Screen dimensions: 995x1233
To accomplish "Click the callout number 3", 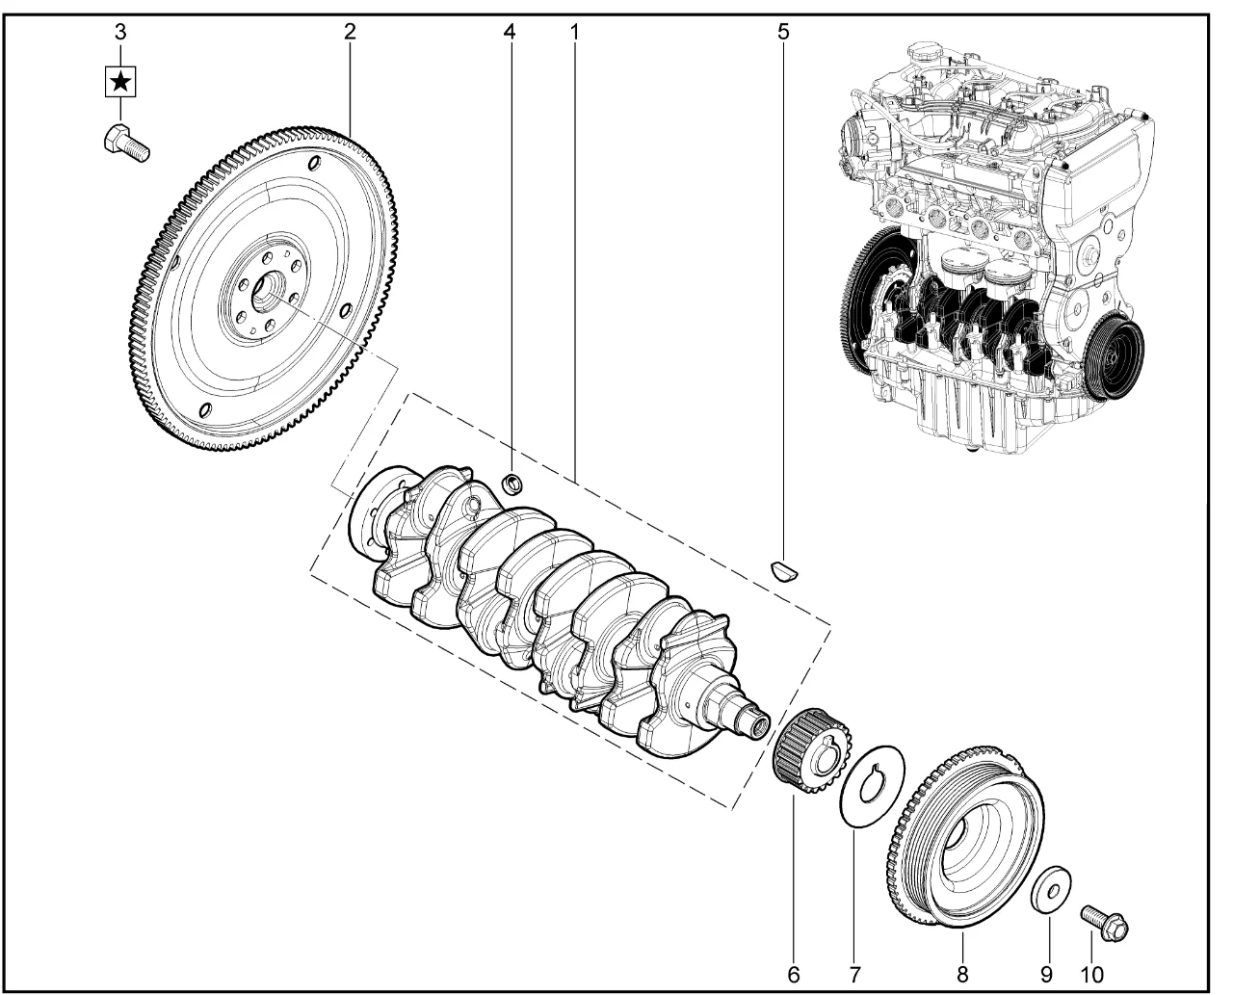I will [x=119, y=32].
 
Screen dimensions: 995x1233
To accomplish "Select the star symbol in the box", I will [x=119, y=82].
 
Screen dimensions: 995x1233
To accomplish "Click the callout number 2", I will [x=350, y=32].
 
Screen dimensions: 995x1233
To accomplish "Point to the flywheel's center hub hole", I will [x=269, y=292].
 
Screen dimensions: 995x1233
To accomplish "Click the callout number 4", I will [x=509, y=32].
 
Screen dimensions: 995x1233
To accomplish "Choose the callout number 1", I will [x=574, y=32].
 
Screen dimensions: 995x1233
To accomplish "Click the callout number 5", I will [x=782, y=32].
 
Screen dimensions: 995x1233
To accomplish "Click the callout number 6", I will [x=793, y=975].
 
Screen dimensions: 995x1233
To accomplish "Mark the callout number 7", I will [x=854, y=975].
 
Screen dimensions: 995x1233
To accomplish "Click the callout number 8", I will [x=962, y=975].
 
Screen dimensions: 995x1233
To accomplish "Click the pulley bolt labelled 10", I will [x=1104, y=921].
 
